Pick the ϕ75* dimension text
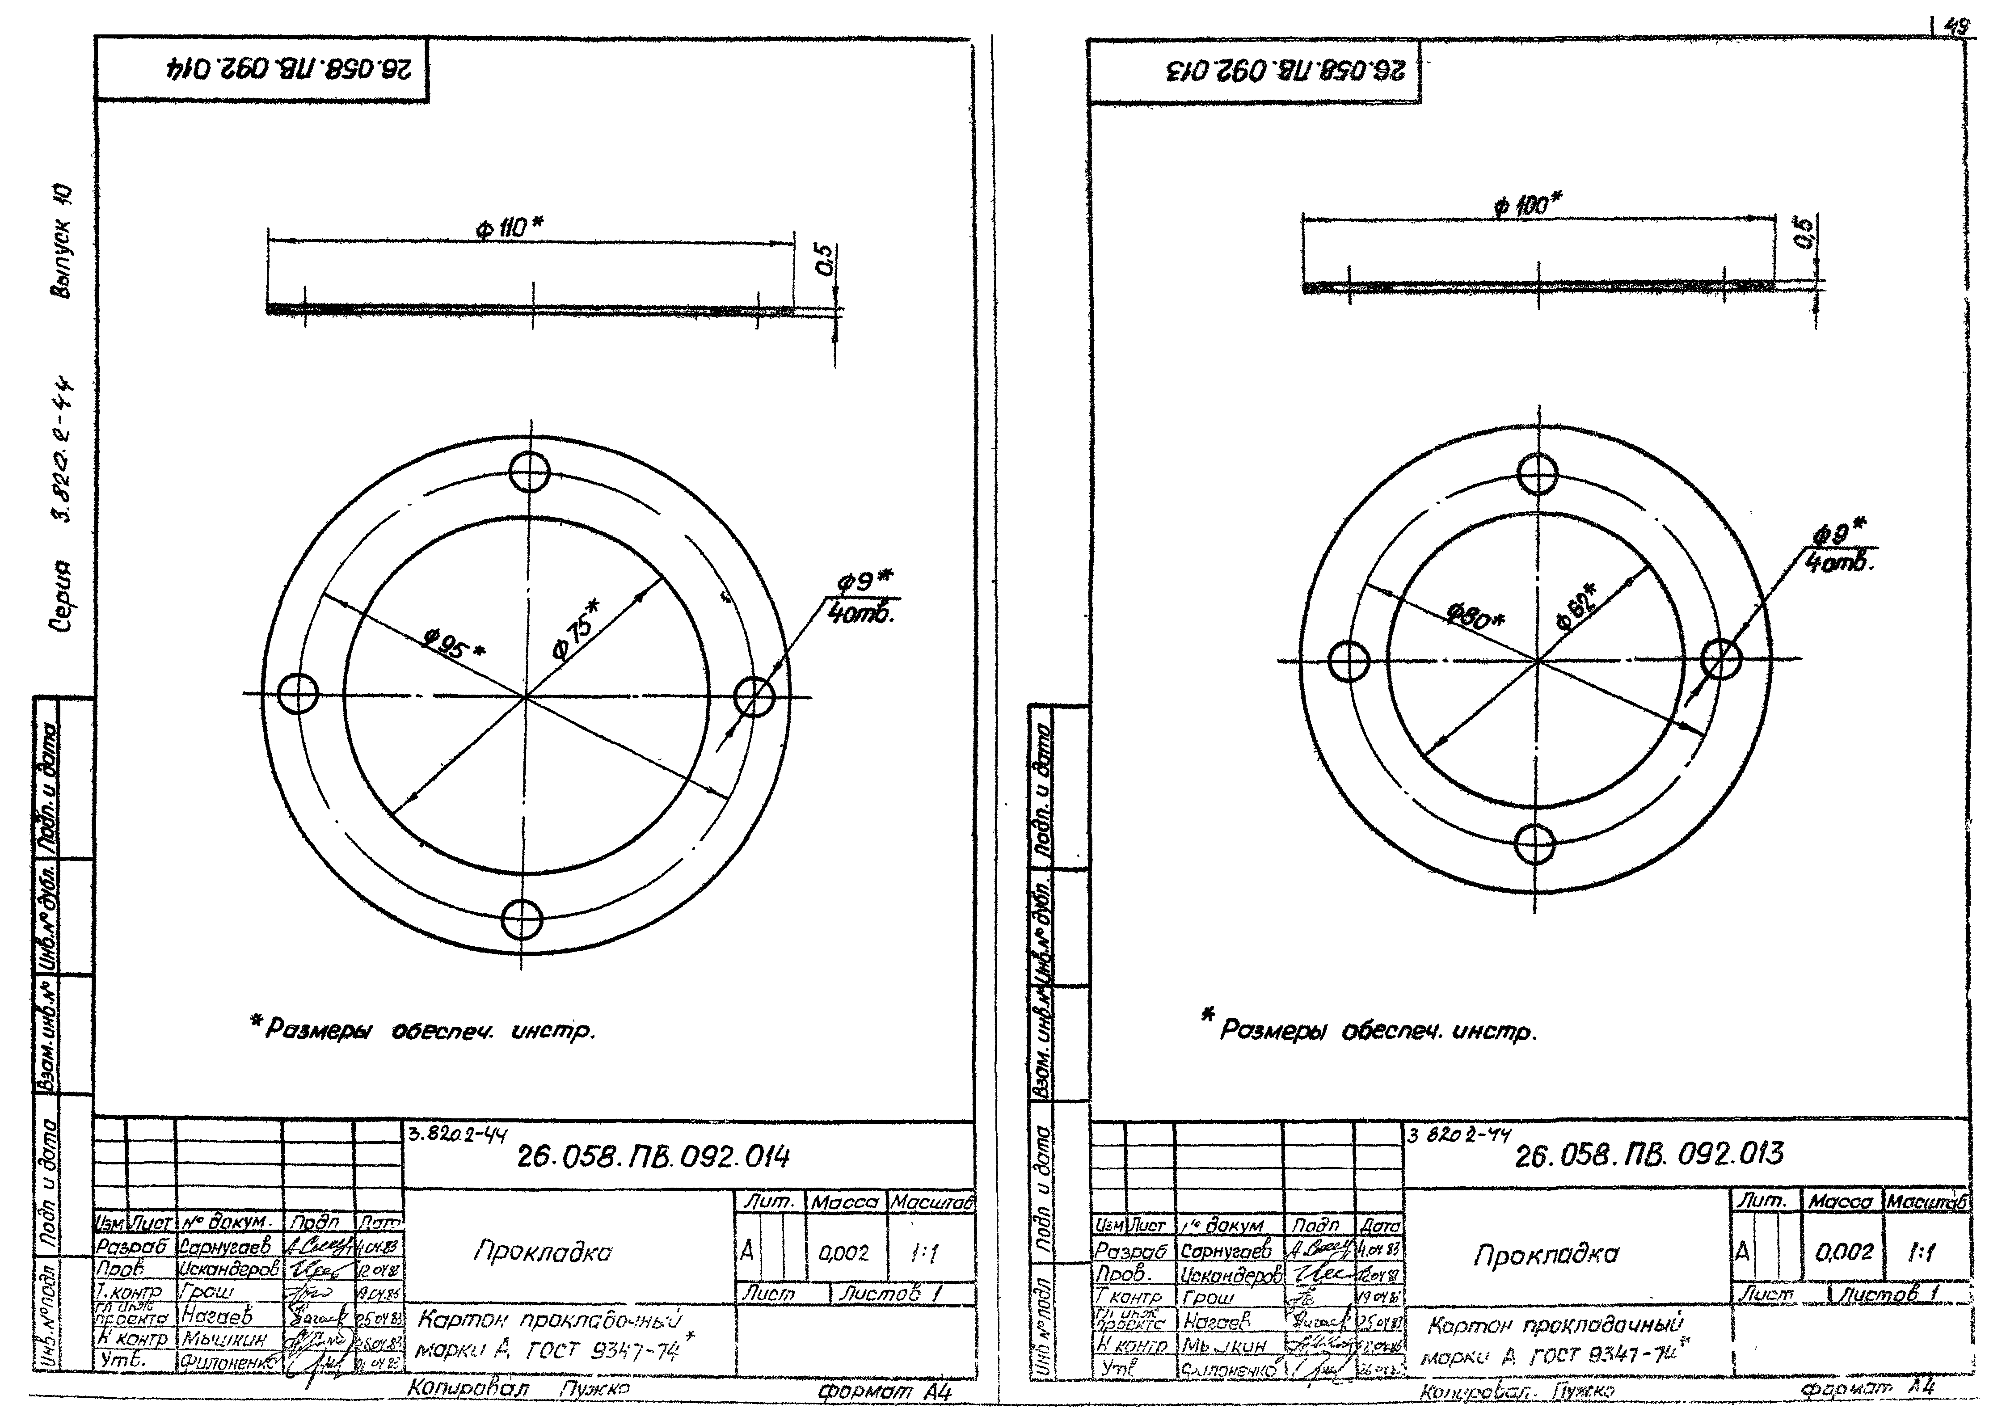[576, 630]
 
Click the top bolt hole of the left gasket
[530, 472]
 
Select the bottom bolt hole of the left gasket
[522, 919]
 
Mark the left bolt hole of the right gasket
[1349, 661]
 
